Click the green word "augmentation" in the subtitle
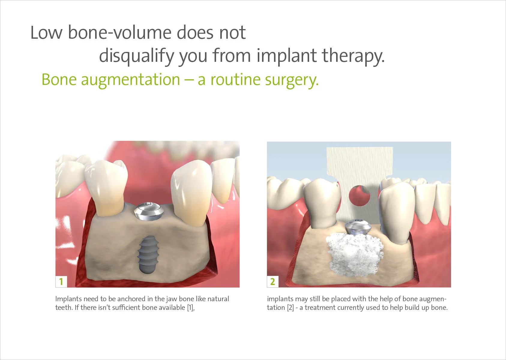(130, 80)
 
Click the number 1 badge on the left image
(61, 282)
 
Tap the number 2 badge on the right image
(273, 282)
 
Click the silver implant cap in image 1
(149, 211)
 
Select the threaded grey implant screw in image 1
(147, 254)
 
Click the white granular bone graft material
(354, 255)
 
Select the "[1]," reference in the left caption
(191, 308)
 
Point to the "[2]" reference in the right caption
(290, 308)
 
